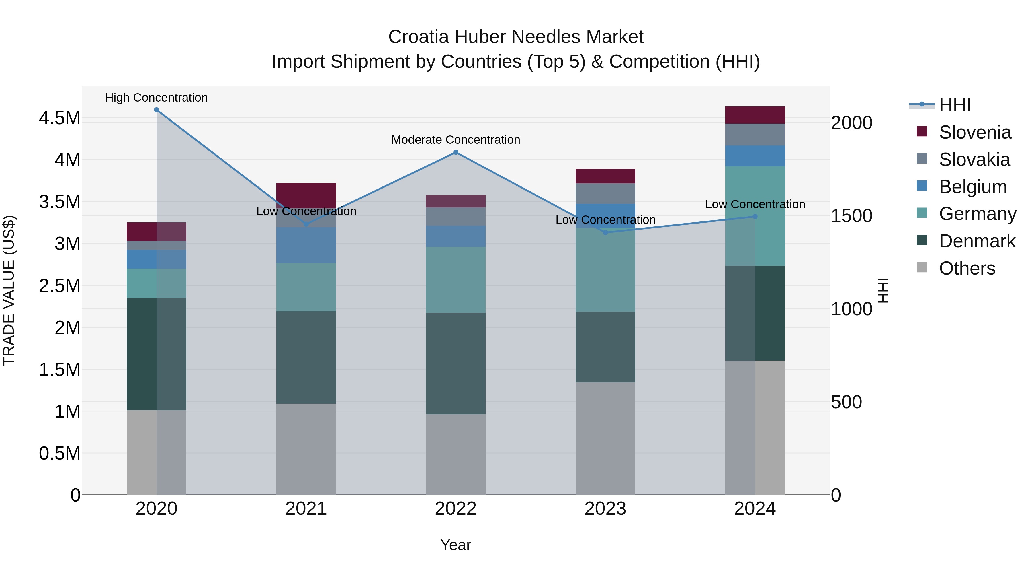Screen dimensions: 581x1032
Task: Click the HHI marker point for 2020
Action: click(x=156, y=110)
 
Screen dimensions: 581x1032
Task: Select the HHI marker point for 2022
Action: click(x=456, y=152)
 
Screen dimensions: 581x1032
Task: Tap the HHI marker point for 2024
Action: click(x=755, y=217)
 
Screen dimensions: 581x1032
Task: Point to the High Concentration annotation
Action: click(x=156, y=98)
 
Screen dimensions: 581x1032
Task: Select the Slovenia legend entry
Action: click(x=974, y=132)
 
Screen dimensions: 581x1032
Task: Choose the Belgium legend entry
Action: click(x=972, y=187)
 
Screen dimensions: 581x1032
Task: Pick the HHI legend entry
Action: click(x=954, y=105)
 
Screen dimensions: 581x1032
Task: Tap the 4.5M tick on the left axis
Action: click(x=59, y=118)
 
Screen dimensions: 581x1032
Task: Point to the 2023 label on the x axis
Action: click(x=605, y=509)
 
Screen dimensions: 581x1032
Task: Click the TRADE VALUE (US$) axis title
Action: click(x=9, y=290)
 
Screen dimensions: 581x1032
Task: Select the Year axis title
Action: click(x=456, y=545)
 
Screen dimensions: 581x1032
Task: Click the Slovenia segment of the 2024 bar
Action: click(x=755, y=115)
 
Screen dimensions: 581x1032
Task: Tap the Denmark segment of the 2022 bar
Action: click(x=456, y=363)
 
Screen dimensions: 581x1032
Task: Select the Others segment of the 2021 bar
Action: click(x=306, y=449)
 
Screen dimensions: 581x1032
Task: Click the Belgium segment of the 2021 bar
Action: click(x=306, y=245)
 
